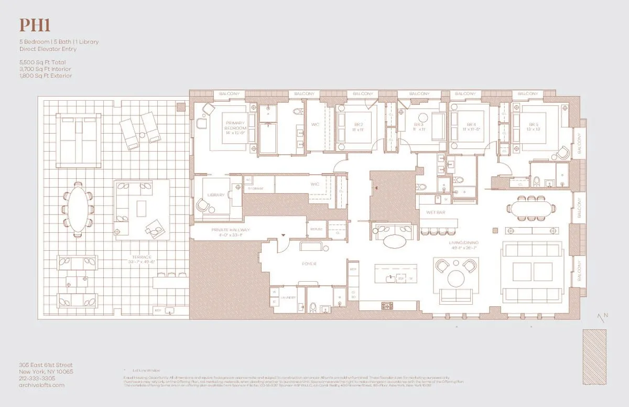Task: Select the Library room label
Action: click(216, 195)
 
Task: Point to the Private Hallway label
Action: click(231, 230)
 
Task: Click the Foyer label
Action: click(309, 264)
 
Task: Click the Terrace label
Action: click(142, 258)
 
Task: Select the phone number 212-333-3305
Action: click(37, 378)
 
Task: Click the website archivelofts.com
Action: click(40, 385)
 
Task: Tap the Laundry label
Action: click(288, 297)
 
